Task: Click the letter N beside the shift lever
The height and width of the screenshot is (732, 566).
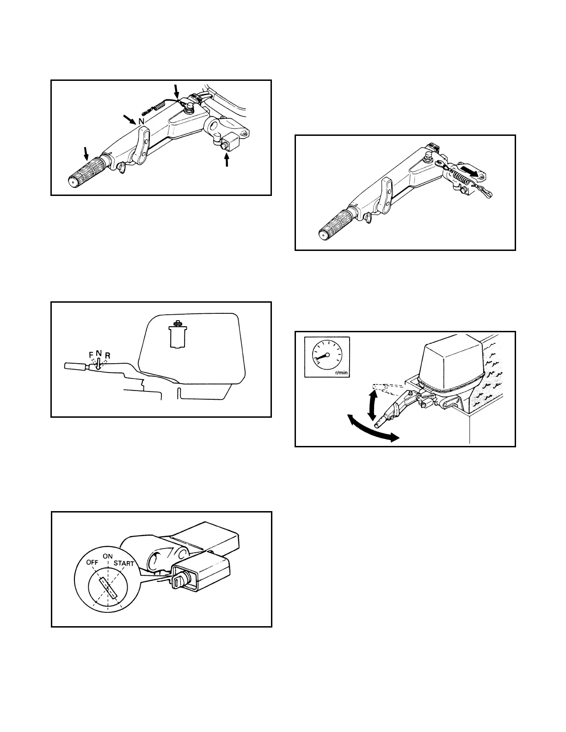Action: (142, 122)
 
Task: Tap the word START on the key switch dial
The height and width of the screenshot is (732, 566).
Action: (123, 563)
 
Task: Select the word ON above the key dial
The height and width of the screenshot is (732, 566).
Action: (108, 556)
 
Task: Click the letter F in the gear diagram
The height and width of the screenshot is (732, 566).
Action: (91, 355)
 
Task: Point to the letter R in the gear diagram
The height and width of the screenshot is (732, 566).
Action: (107, 355)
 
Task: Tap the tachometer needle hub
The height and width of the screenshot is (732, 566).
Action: (327, 355)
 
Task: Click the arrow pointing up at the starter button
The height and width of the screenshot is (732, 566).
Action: (227, 159)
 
